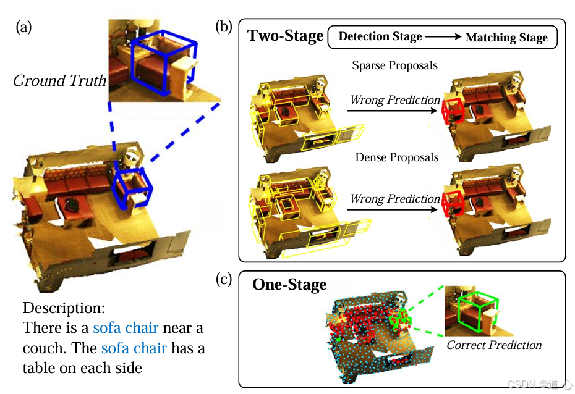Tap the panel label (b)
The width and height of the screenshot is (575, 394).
pos(224,27)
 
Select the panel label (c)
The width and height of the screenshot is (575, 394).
pos(224,279)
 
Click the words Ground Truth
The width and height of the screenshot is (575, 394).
pos(59,81)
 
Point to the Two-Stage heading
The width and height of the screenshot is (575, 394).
pos(285,36)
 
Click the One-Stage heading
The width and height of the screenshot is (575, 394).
pos(289,285)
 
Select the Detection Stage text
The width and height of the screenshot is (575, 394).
pos(380,36)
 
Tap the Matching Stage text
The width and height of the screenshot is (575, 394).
pos(506,38)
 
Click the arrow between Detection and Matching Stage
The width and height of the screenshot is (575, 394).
pos(443,37)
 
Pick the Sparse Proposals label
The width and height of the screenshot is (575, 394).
pos(394,65)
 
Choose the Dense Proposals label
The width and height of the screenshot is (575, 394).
pos(396,157)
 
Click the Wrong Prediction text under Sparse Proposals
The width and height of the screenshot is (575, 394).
pos(395,100)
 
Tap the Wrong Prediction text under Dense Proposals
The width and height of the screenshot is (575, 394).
pos(395,199)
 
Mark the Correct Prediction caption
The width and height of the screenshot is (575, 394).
pos(494,345)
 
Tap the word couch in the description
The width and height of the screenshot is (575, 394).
pos(44,348)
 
